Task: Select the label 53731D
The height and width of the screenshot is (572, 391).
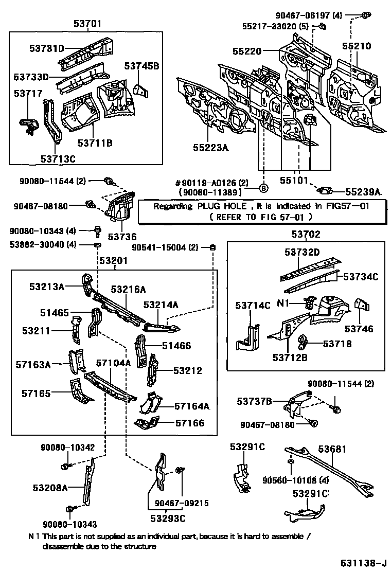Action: point(46,49)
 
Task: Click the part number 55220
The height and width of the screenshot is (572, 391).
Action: point(247,51)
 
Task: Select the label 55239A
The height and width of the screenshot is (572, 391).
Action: point(363,192)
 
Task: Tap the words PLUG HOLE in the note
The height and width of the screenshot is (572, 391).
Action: point(212,206)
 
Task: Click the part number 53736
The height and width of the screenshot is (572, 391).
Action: point(122,237)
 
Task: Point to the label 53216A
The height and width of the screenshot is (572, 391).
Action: point(128,290)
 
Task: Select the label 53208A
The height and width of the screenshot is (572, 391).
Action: point(50,488)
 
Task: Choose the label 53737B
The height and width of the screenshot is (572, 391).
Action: point(255,401)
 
